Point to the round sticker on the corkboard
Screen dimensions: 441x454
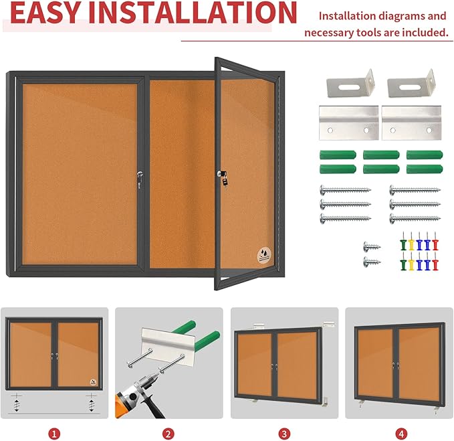[265, 255]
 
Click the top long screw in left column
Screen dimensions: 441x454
[344, 190]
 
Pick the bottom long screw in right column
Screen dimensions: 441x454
[414, 218]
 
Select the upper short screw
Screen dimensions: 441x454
[372, 246]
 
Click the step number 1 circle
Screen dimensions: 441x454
[55, 434]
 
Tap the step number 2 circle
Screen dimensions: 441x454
[168, 434]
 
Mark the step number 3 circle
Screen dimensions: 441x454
[284, 434]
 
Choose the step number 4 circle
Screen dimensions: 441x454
[400, 434]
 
